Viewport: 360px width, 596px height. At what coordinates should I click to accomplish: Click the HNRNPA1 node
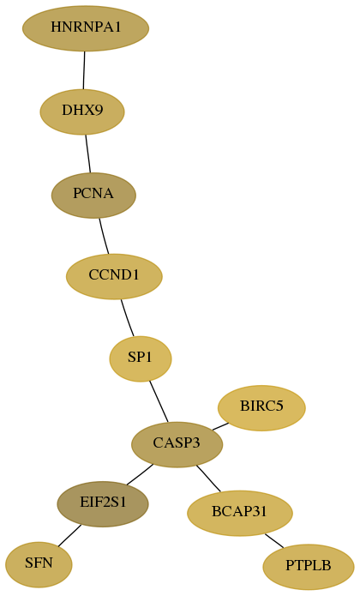pos(86,28)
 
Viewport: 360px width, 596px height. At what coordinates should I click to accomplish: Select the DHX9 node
pos(82,111)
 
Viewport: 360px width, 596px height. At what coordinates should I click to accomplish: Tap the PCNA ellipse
pos(93,195)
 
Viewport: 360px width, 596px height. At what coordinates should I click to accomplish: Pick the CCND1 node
pos(114,276)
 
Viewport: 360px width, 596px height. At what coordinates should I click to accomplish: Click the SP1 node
pos(141,358)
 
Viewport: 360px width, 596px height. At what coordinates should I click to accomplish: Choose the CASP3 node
pos(177,444)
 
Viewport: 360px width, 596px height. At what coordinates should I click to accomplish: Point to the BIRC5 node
pos(261,408)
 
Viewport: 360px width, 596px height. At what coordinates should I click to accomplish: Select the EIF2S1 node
pos(103,504)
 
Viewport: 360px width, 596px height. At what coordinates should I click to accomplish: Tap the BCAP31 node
pos(240,513)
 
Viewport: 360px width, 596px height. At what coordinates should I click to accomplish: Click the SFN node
pos(39,565)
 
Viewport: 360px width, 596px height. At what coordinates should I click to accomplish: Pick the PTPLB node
pos(309,567)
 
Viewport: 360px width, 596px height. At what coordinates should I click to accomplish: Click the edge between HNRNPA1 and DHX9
pos(84,70)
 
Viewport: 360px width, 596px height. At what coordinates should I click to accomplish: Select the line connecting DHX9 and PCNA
pos(88,154)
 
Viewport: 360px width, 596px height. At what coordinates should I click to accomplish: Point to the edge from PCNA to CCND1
pos(104,236)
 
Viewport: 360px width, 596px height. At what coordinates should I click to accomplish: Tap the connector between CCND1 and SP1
pos(127,318)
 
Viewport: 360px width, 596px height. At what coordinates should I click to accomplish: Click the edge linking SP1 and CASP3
pos(159,401)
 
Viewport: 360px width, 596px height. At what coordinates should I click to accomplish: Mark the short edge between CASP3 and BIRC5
pos(220,426)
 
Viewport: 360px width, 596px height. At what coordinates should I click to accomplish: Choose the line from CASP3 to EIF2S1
pos(140,474)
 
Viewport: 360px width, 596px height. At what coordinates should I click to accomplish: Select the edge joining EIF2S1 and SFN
pos(69,536)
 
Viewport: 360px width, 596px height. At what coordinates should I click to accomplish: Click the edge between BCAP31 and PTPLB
pos(274,541)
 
